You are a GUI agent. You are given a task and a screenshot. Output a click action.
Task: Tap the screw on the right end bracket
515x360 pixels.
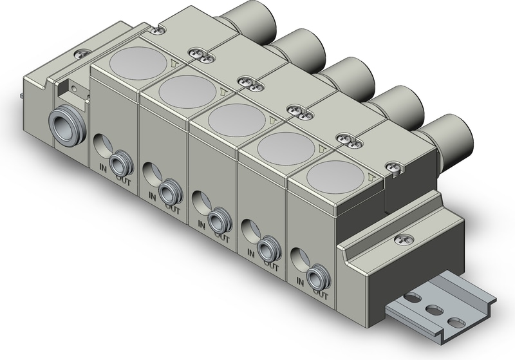[x=404, y=240]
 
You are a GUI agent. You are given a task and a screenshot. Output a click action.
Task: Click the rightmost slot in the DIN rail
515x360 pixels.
[x=456, y=321]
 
